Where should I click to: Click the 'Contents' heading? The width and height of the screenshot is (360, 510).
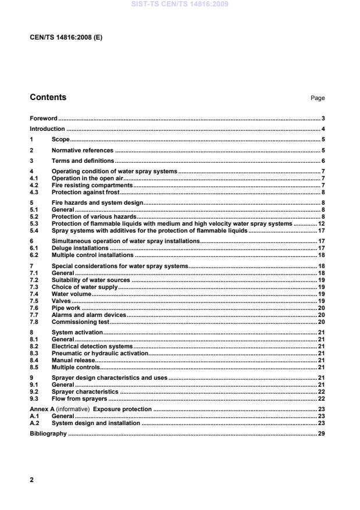(x=48, y=98)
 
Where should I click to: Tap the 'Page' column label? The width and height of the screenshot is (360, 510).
(x=318, y=98)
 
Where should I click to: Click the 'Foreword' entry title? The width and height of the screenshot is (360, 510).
(x=44, y=119)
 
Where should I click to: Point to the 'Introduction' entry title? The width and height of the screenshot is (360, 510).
(x=47, y=129)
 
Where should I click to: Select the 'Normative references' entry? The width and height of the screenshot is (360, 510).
(x=83, y=150)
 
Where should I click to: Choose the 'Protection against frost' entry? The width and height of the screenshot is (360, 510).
(x=85, y=192)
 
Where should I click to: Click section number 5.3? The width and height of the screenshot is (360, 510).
(x=34, y=223)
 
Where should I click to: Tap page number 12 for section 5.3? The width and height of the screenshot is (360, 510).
(x=321, y=223)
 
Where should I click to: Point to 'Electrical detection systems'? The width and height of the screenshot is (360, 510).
(x=92, y=347)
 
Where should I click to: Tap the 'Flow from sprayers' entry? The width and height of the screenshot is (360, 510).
(x=80, y=399)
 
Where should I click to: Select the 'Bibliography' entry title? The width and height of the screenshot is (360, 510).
(x=48, y=434)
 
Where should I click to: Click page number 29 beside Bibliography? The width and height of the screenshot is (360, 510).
(x=321, y=434)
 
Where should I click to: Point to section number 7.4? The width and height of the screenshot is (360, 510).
(x=34, y=294)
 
